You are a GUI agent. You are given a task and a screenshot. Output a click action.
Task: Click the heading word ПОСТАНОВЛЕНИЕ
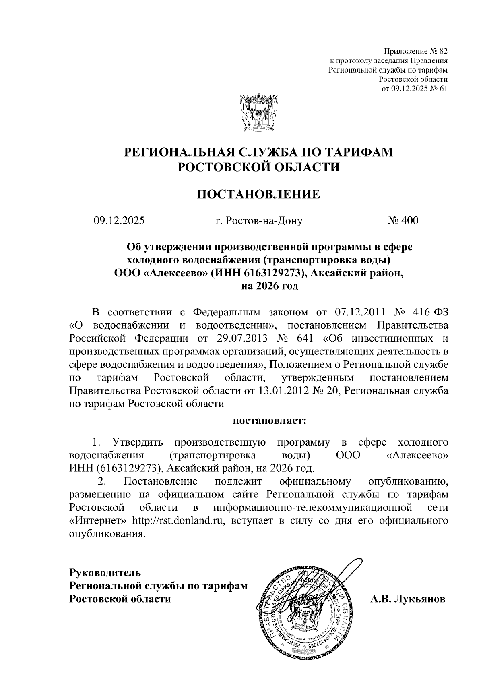[x=258, y=195]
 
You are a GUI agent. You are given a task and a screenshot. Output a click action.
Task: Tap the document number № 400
[x=403, y=220]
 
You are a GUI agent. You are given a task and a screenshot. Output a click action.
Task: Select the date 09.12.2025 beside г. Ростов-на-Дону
[x=119, y=220]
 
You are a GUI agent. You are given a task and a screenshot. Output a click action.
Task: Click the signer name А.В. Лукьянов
[x=408, y=599]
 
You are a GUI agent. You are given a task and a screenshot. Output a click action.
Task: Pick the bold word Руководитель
[x=105, y=572]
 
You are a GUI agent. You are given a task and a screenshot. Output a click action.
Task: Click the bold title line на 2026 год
[x=269, y=286]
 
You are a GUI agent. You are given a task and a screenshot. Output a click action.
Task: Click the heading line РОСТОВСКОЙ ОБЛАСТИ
[x=258, y=167]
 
